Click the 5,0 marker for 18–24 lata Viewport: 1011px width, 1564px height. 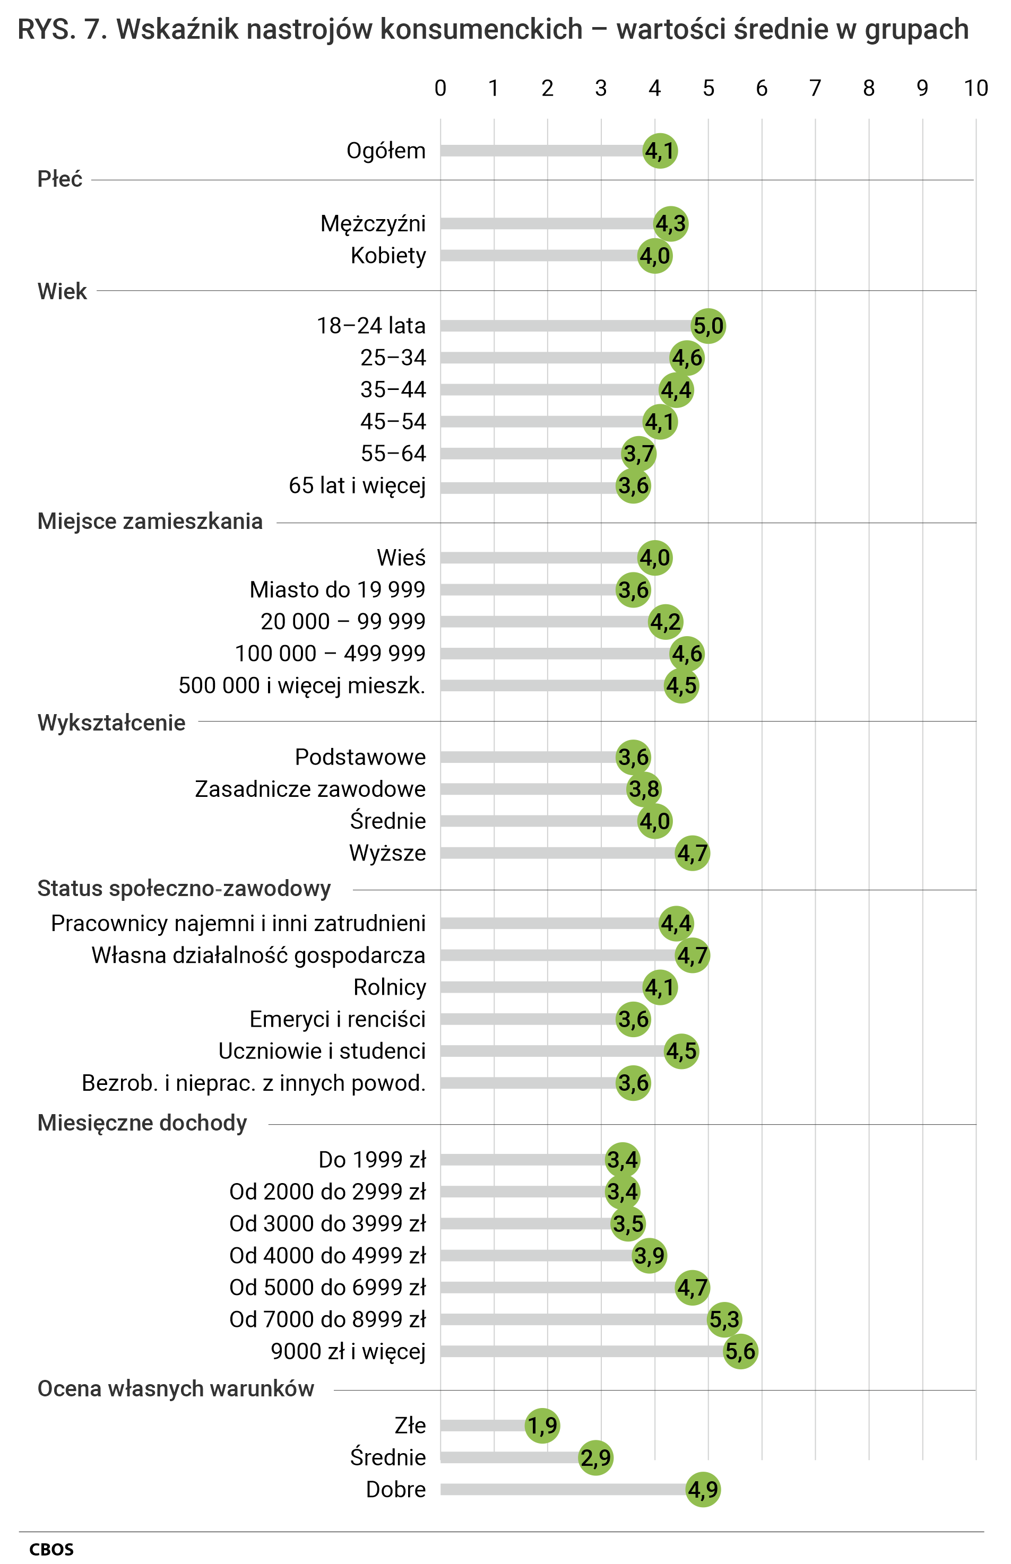(x=708, y=326)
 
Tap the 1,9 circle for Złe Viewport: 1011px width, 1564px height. (x=542, y=1425)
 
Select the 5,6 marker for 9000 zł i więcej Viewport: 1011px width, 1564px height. (x=740, y=1351)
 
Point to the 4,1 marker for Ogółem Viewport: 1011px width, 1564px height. (x=660, y=151)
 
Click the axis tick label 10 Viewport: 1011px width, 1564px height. (x=975, y=88)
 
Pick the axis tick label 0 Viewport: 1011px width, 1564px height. (x=440, y=88)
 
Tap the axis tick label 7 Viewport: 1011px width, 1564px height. (x=815, y=88)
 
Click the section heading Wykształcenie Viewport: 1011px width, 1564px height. (x=111, y=723)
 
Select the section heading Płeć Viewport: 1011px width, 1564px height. (x=60, y=178)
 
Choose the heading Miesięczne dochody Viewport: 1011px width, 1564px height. (x=142, y=1123)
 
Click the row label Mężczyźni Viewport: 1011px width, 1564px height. (x=373, y=224)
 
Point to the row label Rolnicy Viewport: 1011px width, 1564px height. (x=390, y=987)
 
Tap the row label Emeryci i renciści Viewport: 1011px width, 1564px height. (x=338, y=1019)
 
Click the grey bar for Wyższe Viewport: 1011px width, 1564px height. (x=558, y=853)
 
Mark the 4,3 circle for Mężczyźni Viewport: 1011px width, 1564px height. (x=671, y=224)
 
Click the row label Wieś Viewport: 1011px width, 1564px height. (x=401, y=558)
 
